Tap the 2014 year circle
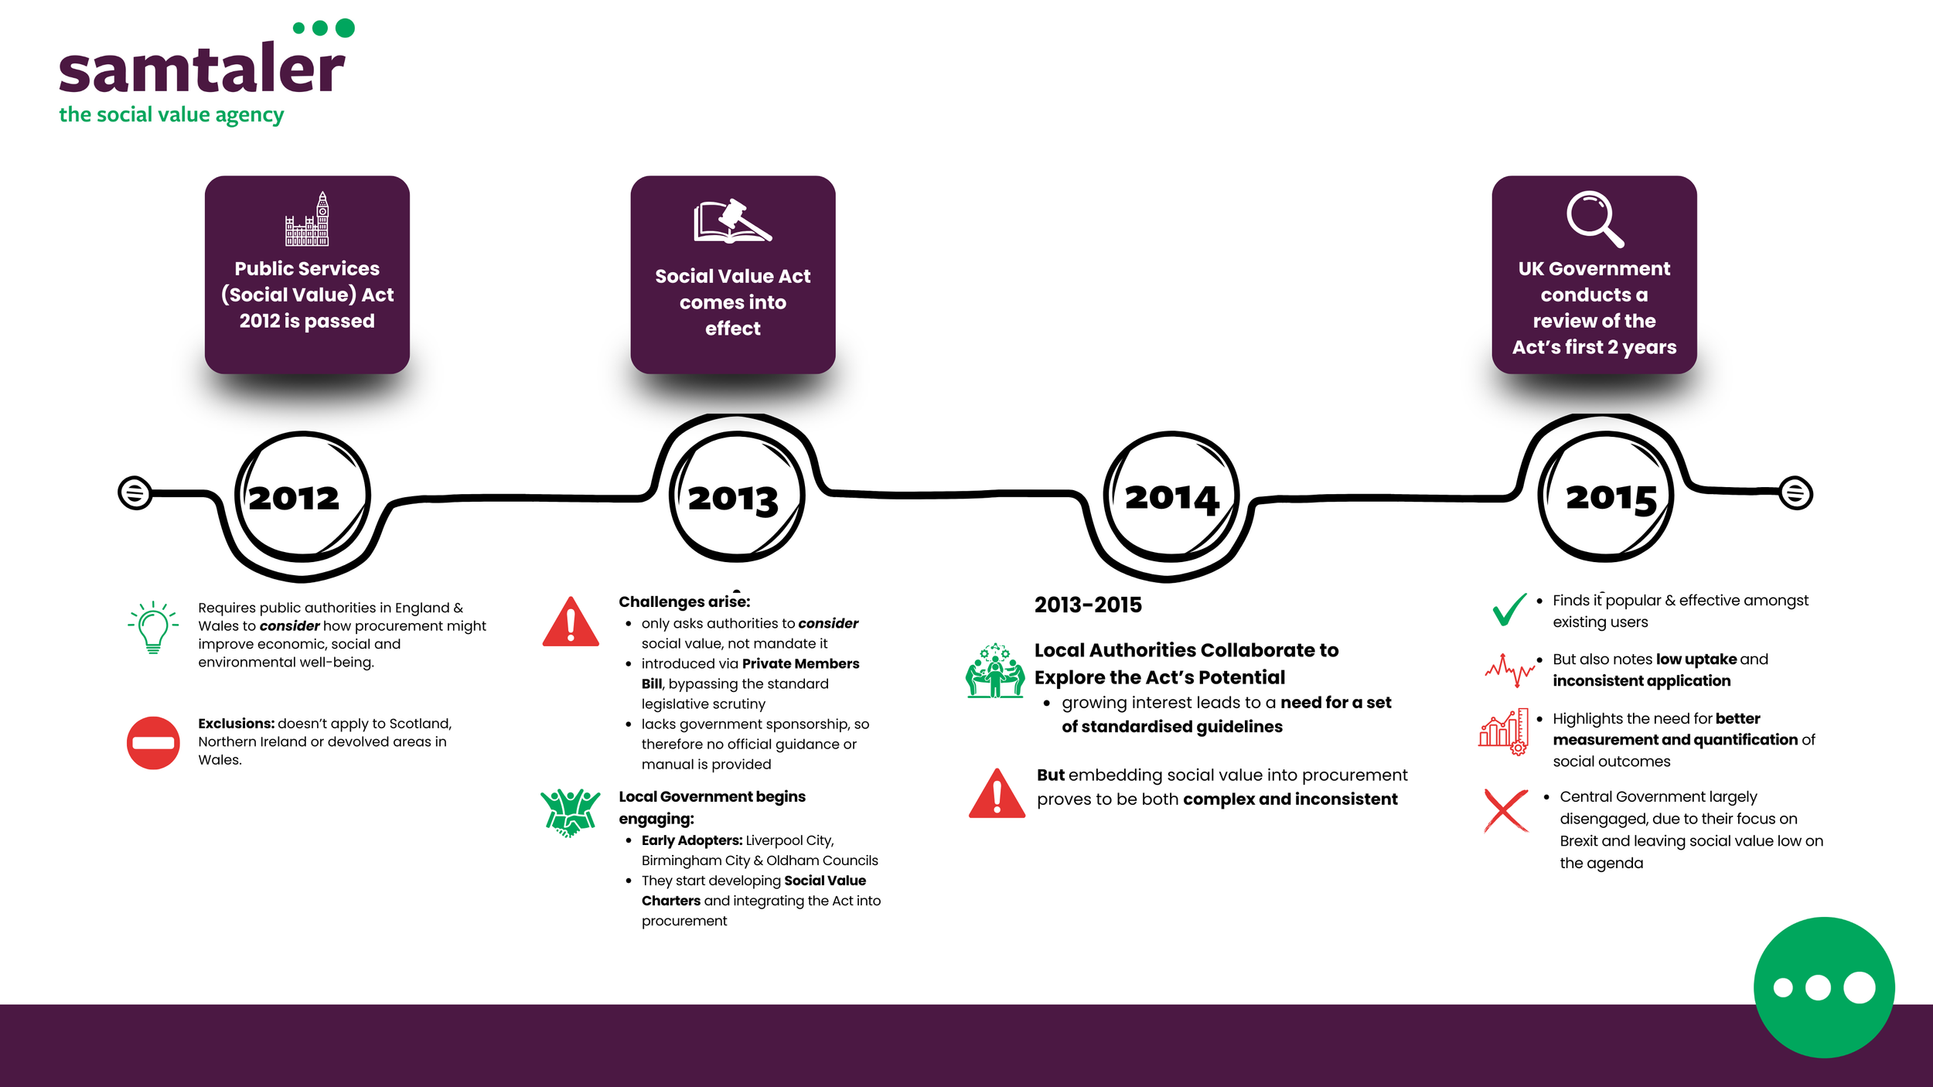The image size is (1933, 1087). coord(1171,496)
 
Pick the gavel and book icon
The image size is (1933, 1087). coord(732,222)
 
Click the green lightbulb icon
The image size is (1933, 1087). coord(153,627)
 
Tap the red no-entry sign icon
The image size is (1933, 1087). coord(153,743)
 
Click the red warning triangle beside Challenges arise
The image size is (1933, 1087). coord(571,623)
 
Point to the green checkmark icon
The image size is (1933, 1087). coord(1509,609)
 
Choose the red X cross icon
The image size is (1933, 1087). coord(1505,810)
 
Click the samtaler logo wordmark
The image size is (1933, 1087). coord(202,70)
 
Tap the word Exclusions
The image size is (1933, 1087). coord(236,724)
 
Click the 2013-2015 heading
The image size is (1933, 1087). coord(1088,605)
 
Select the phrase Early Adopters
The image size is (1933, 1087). coord(691,840)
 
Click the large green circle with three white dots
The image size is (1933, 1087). coord(1824,987)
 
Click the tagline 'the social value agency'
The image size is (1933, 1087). coord(171,115)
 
